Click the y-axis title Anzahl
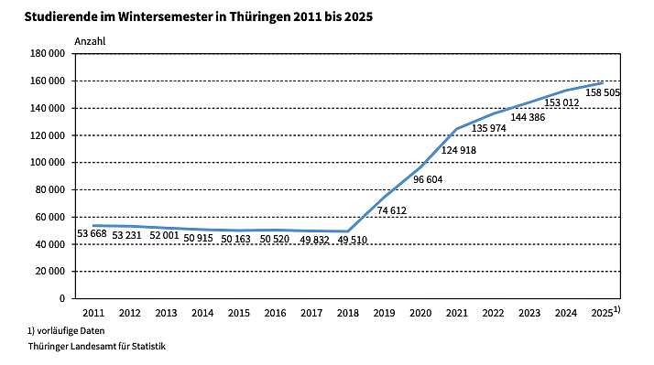[90, 41]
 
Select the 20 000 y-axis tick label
[49, 272]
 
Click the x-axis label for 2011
[93, 313]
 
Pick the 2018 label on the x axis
[347, 313]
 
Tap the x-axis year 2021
[456, 313]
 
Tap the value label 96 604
[428, 179]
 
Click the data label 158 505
[601, 92]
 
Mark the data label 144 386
[529, 117]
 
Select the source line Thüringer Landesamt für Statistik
[89, 347]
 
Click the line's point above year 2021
[456, 129]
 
